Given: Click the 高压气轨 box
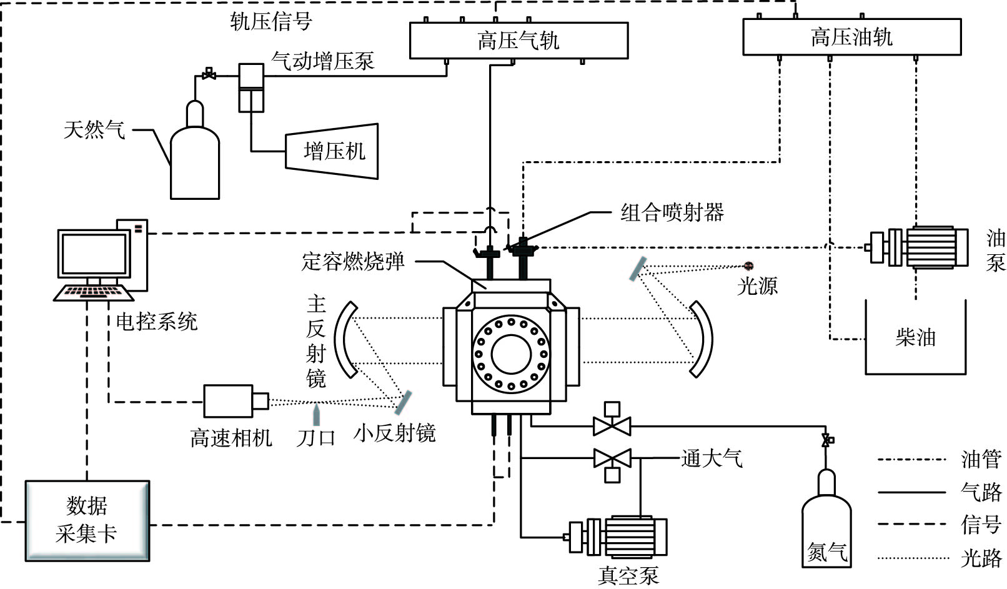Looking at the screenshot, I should point(518,41).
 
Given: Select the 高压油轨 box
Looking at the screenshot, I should point(851,37).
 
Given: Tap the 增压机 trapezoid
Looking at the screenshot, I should point(332,151).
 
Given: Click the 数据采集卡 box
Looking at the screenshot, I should point(87,520).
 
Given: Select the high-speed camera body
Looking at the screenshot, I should point(228,401).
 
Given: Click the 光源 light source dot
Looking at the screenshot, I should point(748,266).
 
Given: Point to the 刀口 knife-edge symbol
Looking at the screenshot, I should point(317,415).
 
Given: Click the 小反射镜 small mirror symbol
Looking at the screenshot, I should point(403,402).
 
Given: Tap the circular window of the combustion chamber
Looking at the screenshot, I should point(511,354).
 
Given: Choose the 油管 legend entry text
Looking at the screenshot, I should point(981,460).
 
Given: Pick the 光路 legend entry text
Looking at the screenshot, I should point(981,558).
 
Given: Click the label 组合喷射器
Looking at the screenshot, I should point(672,212).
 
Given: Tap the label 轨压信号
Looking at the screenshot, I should point(271,21).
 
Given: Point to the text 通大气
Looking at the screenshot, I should point(712,458).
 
